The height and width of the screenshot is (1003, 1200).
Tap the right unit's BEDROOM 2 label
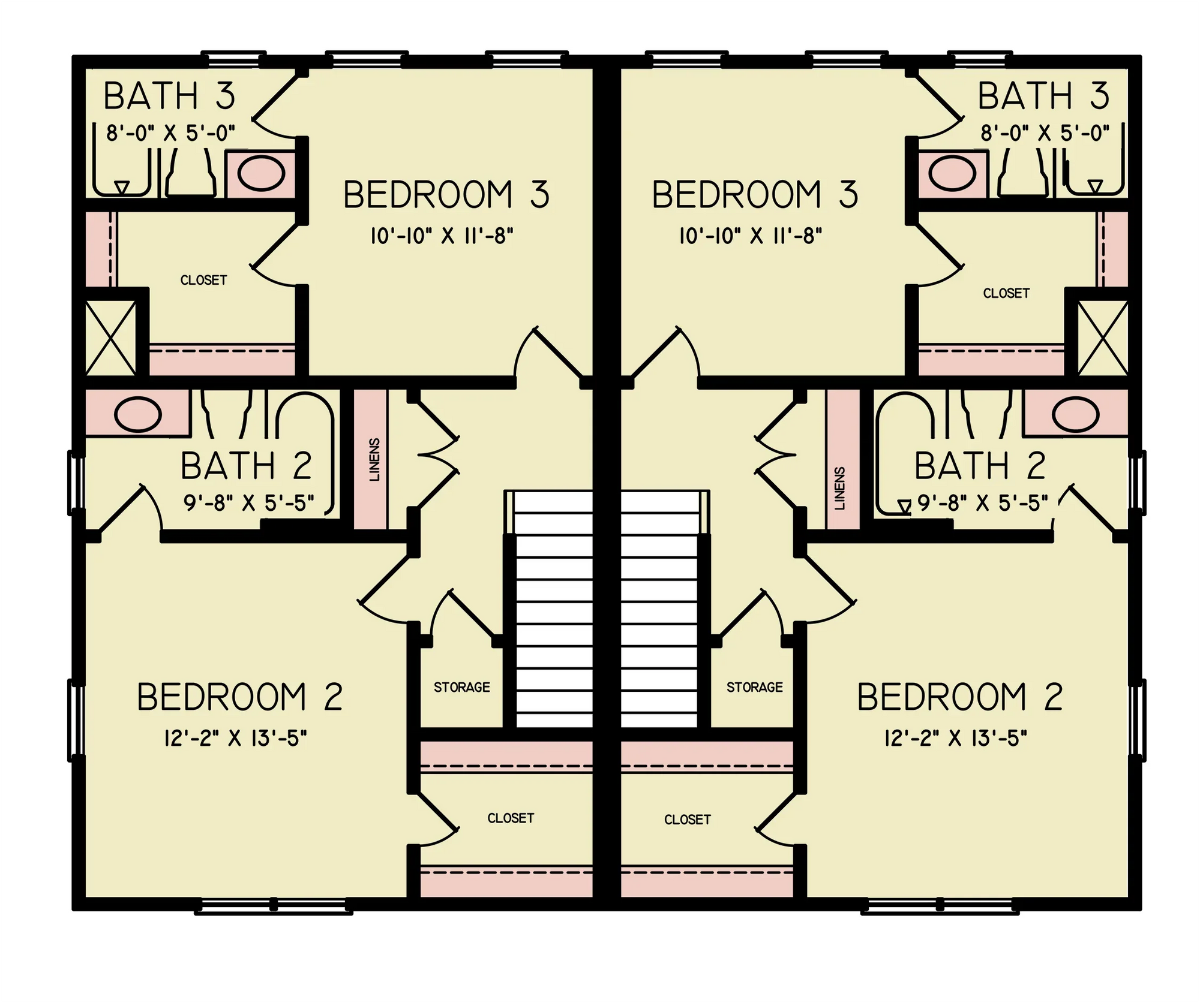pos(959,697)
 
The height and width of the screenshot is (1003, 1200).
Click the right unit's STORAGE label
pos(754,687)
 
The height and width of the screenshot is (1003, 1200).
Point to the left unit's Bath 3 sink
pos(261,174)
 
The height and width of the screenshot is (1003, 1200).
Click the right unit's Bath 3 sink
pos(952,174)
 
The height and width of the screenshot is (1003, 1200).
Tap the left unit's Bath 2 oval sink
pos(138,414)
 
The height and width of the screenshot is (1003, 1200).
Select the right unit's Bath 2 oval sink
pos(1075,414)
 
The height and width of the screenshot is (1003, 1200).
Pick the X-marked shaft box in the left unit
pos(110,338)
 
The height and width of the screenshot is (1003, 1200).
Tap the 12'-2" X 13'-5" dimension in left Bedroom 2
pos(235,738)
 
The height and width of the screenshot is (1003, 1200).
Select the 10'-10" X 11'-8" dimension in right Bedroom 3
pos(750,236)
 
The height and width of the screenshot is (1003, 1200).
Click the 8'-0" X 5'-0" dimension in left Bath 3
pos(170,132)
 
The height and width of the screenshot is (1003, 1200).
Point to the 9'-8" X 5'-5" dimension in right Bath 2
pos(983,503)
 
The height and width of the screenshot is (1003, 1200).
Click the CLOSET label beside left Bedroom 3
pos(203,280)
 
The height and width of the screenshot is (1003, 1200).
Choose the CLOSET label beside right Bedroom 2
pos(687,820)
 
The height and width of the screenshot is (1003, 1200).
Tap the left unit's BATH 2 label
pos(246,466)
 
